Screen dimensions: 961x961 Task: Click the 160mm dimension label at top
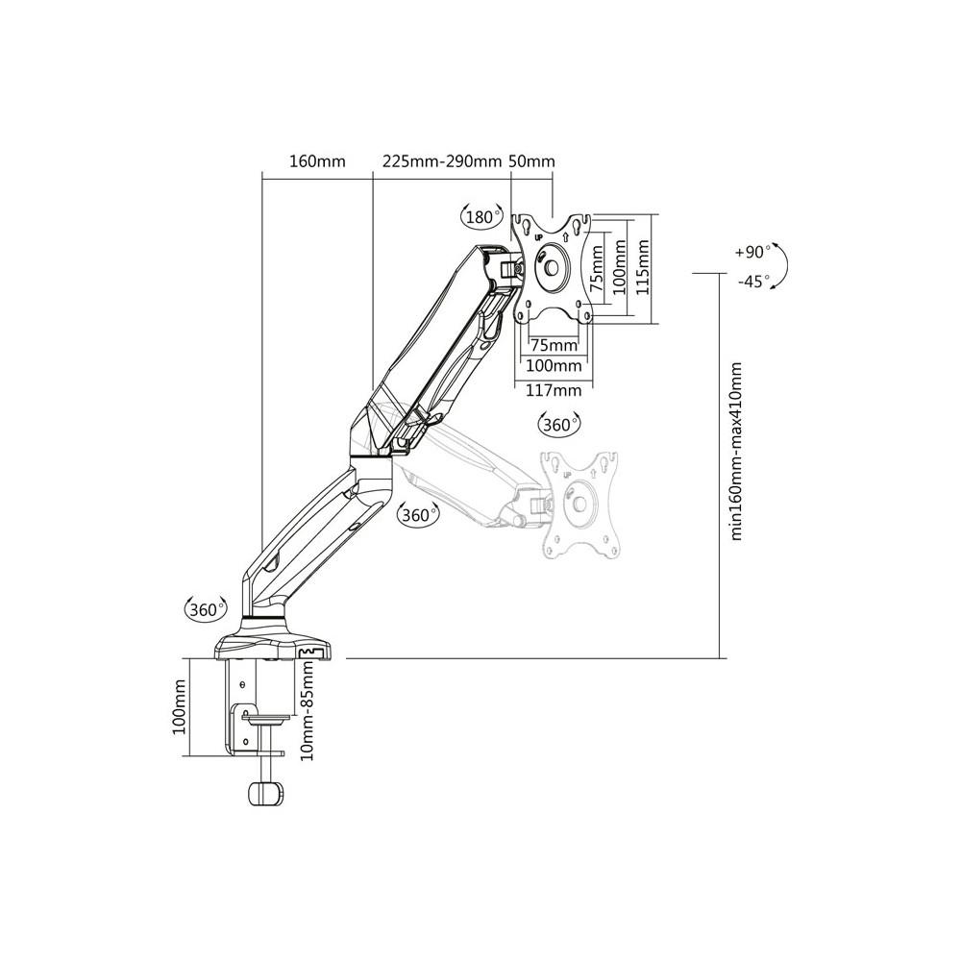(x=317, y=161)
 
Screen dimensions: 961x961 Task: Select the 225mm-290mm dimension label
(x=442, y=161)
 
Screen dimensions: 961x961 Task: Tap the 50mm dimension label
(x=532, y=161)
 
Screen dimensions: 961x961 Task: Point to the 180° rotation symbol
(x=480, y=216)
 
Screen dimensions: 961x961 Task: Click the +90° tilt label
(x=752, y=252)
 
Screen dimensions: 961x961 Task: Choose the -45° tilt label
(x=753, y=282)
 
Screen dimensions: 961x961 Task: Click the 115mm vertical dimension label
(x=642, y=267)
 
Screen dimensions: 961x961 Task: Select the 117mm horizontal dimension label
(x=554, y=389)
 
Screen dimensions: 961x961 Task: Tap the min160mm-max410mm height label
(x=736, y=451)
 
